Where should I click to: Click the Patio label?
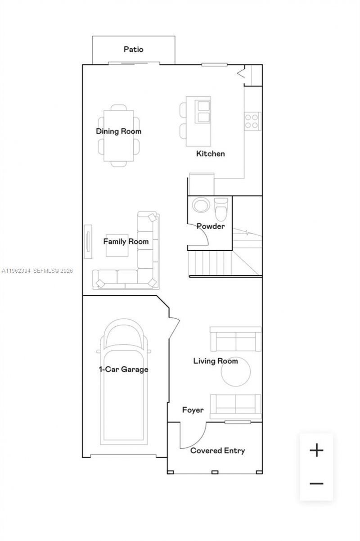pyautogui.click(x=134, y=49)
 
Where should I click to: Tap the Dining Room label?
pyautogui.click(x=118, y=131)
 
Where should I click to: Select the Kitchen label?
pyautogui.click(x=210, y=153)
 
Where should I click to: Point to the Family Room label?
pyautogui.click(x=126, y=241)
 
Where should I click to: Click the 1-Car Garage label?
pyautogui.click(x=123, y=370)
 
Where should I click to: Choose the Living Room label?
pyautogui.click(x=216, y=361)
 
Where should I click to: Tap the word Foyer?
pyautogui.click(x=193, y=410)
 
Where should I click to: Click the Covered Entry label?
pyautogui.click(x=217, y=451)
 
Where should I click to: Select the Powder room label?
pyautogui.click(x=210, y=226)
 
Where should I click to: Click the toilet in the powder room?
pyautogui.click(x=221, y=207)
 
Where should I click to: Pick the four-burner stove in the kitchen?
pyautogui.click(x=252, y=121)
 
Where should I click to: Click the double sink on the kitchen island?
pyautogui.click(x=203, y=111)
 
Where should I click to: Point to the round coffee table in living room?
pyautogui.click(x=236, y=372)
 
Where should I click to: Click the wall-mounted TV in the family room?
pyautogui.click(x=87, y=241)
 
